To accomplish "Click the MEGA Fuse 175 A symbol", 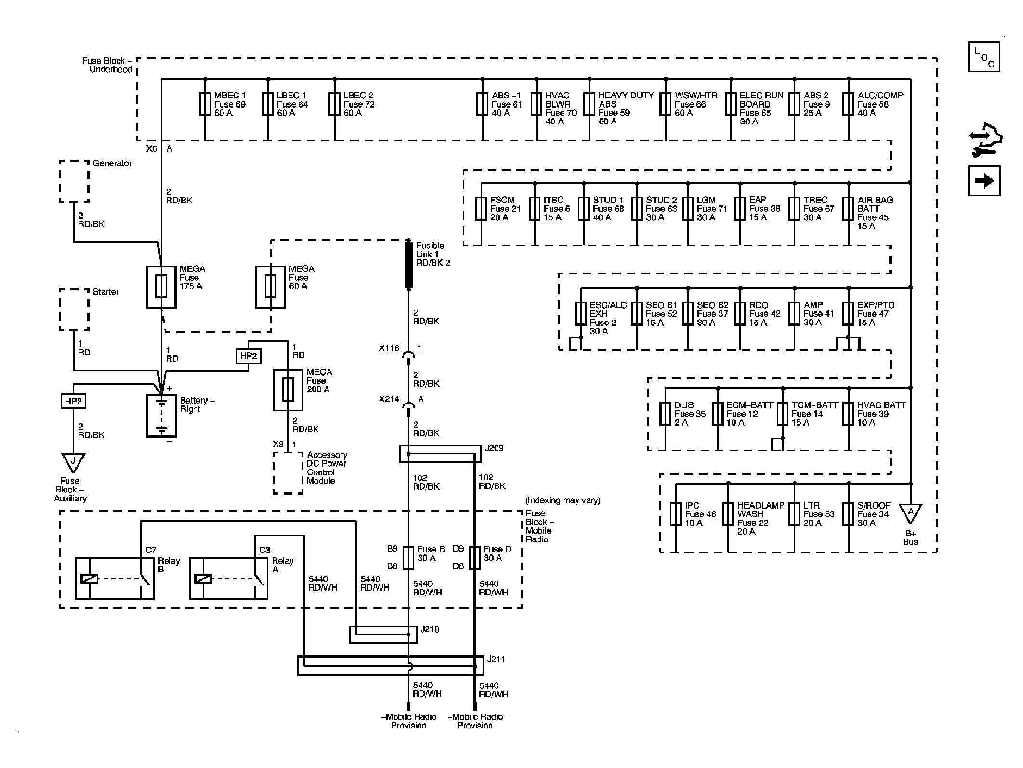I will tap(161, 287).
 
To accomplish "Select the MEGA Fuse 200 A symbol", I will tap(288, 390).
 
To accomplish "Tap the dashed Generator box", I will tap(74, 181).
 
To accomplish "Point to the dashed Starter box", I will tap(74, 310).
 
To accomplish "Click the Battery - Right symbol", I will tap(161, 416).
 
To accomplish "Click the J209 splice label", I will tap(494, 448).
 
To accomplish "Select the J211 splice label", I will tap(497, 659).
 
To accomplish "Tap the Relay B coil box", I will tap(90, 579).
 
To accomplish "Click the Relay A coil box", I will tap(203, 579).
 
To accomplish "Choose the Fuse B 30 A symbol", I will tap(408, 558).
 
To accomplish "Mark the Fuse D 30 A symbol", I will tap(474, 558).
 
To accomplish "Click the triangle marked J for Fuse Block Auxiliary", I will tap(73, 462).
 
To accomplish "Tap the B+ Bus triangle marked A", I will tap(910, 512).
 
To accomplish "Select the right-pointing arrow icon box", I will tap(984, 181).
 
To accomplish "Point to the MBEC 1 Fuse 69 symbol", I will tap(205, 104).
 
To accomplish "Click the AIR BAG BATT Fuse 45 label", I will tap(875, 213).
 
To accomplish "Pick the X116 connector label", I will tap(389, 349).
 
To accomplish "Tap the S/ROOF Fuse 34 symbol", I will tap(848, 514).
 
